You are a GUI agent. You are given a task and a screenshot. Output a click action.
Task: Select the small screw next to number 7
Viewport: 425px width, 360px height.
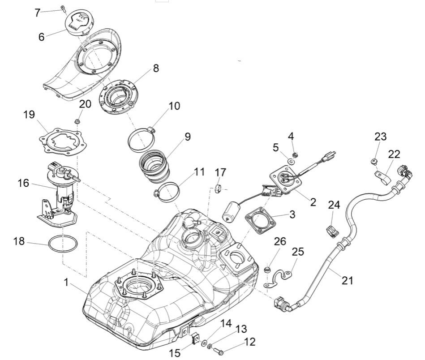[63, 8]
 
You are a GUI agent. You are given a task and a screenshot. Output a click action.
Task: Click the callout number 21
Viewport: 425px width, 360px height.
[347, 281]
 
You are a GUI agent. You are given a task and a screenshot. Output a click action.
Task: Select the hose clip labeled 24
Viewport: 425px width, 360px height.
[332, 231]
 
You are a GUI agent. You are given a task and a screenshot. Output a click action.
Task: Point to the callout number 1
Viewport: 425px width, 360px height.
[66, 283]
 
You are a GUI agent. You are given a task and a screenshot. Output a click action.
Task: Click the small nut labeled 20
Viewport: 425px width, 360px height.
[77, 121]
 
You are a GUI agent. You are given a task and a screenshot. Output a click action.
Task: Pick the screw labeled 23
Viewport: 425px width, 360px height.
[373, 160]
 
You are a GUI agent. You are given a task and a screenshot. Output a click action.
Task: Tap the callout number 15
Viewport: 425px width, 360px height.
[175, 353]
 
